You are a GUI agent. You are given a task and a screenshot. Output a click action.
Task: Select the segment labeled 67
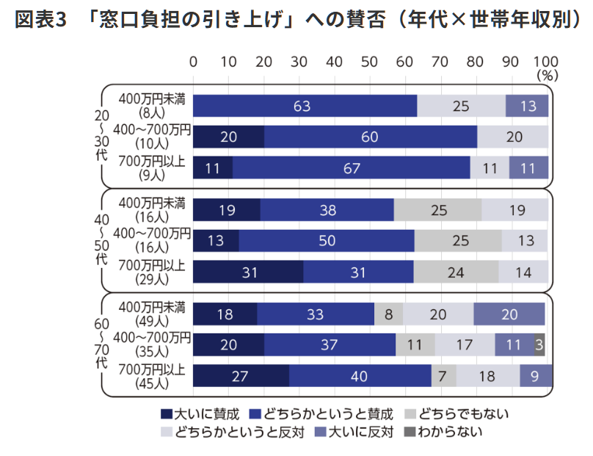point(352,167)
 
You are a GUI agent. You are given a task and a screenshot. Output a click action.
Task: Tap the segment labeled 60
point(370,137)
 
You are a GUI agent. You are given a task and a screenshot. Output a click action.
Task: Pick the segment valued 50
point(326,241)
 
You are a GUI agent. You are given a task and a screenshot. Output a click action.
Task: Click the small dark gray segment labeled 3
point(539,344)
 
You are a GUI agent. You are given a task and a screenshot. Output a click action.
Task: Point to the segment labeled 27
point(241,374)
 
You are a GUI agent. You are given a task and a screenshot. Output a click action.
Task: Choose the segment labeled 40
point(360,374)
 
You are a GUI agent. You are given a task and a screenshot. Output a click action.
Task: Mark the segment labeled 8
point(388,314)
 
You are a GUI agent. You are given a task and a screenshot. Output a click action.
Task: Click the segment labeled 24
point(456,272)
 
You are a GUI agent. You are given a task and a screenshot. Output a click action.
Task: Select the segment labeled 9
point(536,374)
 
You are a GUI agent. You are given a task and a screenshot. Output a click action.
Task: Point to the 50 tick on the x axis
point(369,62)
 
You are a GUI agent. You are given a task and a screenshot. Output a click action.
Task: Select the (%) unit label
point(547,75)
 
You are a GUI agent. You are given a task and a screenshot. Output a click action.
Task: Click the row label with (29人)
point(153,272)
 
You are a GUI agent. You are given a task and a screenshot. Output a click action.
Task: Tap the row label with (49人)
point(153,314)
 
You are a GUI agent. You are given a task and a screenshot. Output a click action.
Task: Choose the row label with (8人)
point(153,106)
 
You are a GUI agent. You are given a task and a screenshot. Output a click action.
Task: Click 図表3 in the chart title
point(40,20)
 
